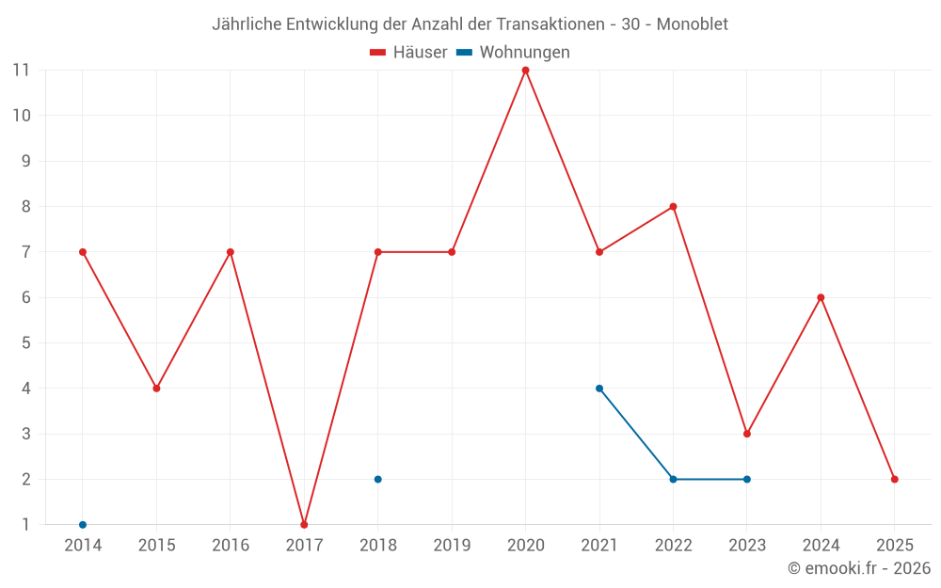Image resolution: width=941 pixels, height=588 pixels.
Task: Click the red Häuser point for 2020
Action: (x=525, y=71)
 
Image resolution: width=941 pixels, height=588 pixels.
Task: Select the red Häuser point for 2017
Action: (x=304, y=524)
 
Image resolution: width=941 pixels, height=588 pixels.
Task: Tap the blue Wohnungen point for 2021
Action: (x=599, y=389)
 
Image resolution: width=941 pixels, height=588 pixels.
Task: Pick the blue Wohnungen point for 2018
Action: (x=378, y=479)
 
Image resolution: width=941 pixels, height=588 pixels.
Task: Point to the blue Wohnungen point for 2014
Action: (x=83, y=524)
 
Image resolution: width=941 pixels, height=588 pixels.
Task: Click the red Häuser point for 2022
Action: (x=673, y=207)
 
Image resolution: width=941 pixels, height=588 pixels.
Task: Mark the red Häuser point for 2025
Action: (x=895, y=479)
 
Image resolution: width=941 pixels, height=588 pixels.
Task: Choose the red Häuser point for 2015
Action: (x=156, y=389)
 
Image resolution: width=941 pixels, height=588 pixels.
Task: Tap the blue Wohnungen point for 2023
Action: (x=747, y=479)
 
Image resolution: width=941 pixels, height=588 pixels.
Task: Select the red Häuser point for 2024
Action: (x=821, y=297)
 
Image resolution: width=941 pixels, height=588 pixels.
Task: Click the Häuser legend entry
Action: (x=408, y=53)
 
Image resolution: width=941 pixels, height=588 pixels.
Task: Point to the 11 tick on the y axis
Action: (x=21, y=71)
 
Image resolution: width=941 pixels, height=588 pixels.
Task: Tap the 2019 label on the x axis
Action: (x=452, y=546)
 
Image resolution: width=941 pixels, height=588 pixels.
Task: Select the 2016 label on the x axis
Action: (x=231, y=546)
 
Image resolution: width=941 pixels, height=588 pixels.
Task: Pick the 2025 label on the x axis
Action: (x=895, y=546)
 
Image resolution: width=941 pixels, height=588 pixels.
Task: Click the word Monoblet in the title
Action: (x=692, y=24)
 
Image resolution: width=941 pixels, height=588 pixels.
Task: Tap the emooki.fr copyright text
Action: (x=859, y=568)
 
